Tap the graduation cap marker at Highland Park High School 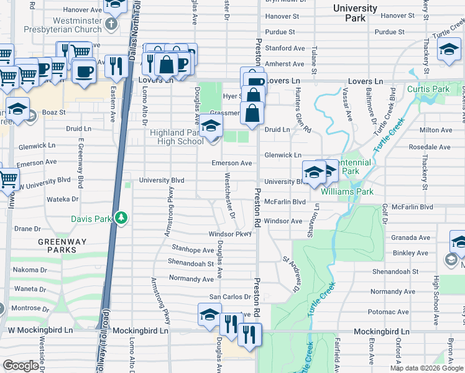point(211,126)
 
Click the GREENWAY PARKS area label point(57,246)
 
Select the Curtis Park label point(428,90)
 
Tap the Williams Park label point(347,192)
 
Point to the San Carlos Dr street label point(229,297)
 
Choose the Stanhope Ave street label point(193,250)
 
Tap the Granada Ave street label point(410,237)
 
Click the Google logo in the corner point(21,366)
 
